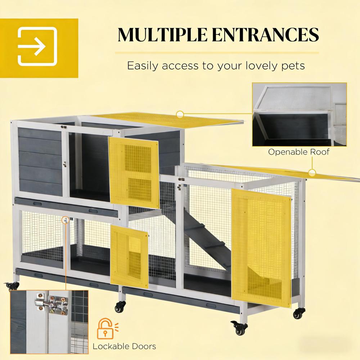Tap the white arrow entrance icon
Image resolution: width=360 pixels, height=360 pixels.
37,48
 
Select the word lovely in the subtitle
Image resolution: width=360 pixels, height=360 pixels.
253,66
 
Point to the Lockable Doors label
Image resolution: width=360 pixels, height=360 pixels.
124,346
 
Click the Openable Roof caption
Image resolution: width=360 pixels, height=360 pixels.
299,152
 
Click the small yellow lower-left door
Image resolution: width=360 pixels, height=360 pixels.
129,251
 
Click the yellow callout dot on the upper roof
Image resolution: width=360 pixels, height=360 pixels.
180,114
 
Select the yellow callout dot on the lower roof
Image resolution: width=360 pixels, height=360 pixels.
312,173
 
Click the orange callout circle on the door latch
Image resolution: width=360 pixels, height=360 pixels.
66,219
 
